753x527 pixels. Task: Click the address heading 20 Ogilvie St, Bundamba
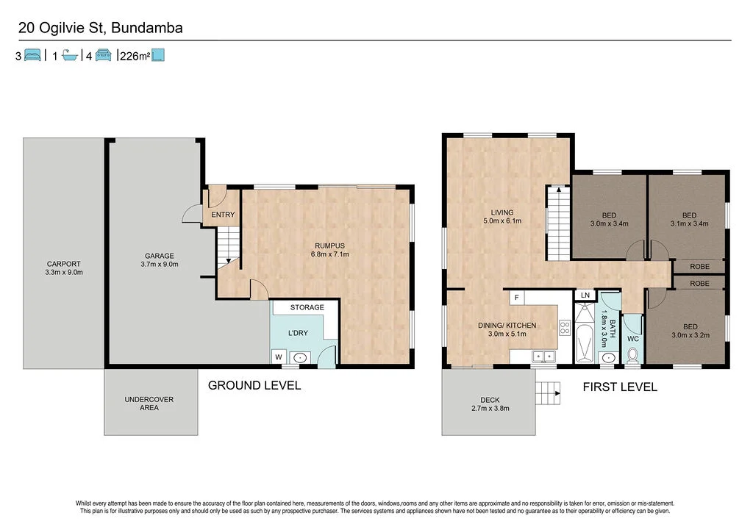click(x=101, y=29)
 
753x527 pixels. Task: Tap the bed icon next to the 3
click(x=32, y=55)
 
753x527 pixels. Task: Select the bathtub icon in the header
click(x=70, y=55)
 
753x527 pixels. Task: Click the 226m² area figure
click(x=134, y=56)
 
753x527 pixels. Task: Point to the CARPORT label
click(x=63, y=268)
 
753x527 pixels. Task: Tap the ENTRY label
click(x=223, y=215)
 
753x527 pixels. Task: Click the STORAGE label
click(x=307, y=307)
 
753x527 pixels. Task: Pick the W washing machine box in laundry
click(x=278, y=358)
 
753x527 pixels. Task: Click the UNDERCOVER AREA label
click(x=149, y=404)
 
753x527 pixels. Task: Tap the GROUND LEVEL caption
click(x=254, y=385)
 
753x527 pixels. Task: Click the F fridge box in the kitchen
click(x=517, y=298)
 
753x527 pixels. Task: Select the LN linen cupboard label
click(x=585, y=295)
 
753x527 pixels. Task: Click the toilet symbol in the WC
click(x=632, y=356)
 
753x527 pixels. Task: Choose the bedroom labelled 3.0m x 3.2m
click(x=690, y=331)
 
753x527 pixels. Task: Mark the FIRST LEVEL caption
click(x=620, y=387)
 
